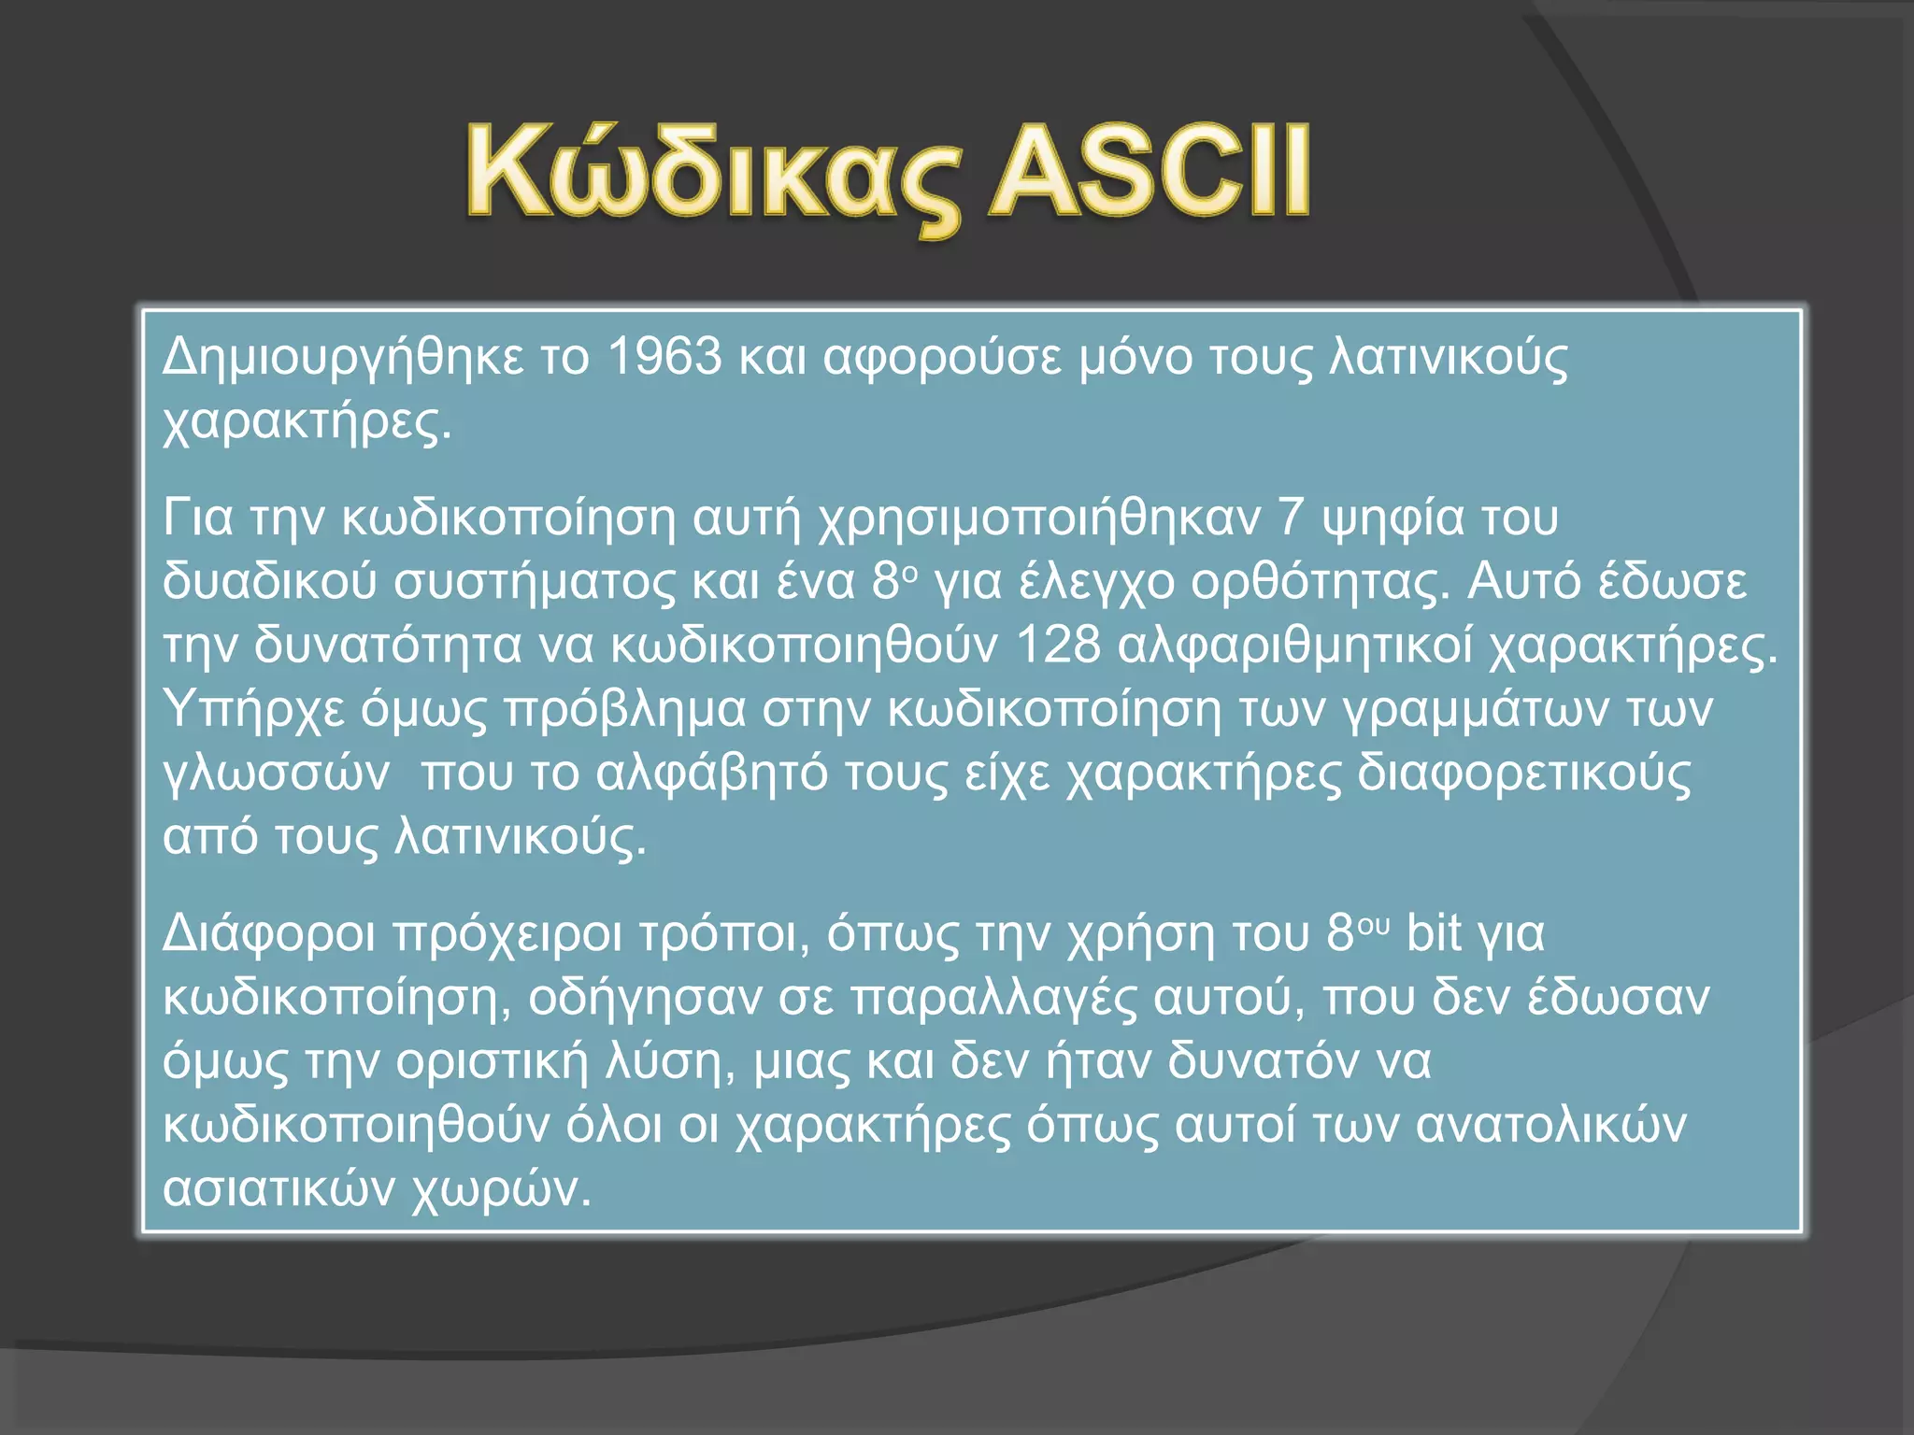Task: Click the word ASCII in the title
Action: pyautogui.click(x=1150, y=173)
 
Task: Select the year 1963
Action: pyautogui.click(x=664, y=356)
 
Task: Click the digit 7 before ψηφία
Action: pyautogui.click(x=1291, y=517)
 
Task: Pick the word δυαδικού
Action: pyautogui.click(x=270, y=581)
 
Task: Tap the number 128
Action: pyautogui.click(x=1058, y=645)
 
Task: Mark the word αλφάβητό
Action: pyautogui.click(x=711, y=774)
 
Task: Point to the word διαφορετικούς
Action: pyautogui.click(x=1523, y=774)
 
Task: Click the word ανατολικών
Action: pyautogui.click(x=1551, y=1125)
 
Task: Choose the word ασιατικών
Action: pyautogui.click(x=279, y=1188)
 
